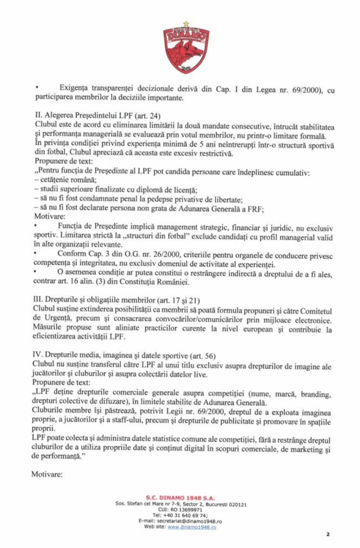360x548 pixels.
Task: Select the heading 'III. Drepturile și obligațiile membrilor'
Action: [94, 300]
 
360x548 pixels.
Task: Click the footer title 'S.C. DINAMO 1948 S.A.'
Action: [180, 498]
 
